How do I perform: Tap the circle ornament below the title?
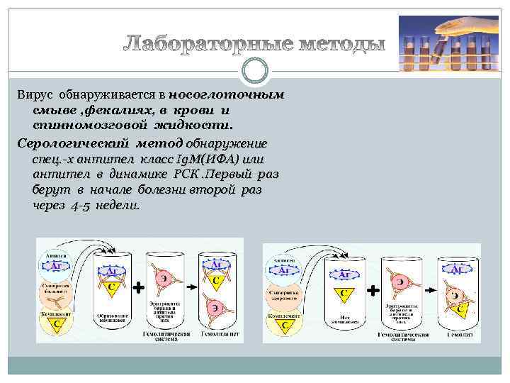(x=255, y=71)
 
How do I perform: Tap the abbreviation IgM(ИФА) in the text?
(x=205, y=158)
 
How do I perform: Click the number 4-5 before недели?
(x=82, y=205)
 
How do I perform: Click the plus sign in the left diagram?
(x=139, y=288)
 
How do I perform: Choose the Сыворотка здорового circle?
(x=283, y=293)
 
